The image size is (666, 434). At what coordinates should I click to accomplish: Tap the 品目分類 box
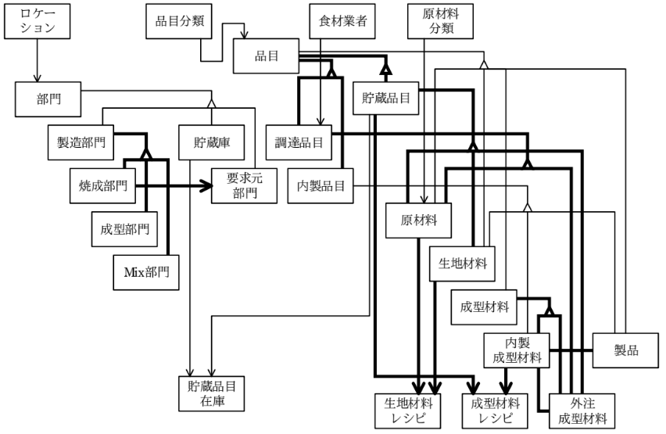[x=175, y=22]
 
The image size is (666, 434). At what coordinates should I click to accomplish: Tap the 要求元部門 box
[x=243, y=186]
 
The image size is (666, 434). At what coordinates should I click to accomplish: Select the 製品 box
[x=625, y=350]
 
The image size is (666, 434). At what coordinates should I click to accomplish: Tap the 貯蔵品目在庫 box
[x=208, y=392]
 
